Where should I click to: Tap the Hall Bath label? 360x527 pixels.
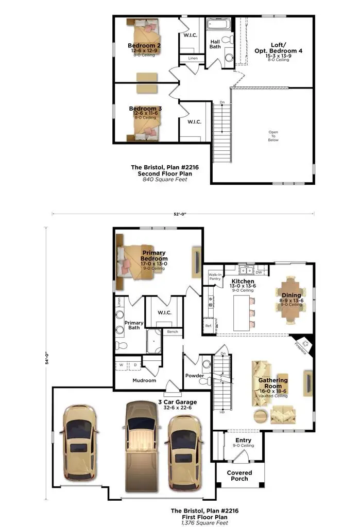tap(215, 44)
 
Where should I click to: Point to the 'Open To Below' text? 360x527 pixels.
tap(273, 136)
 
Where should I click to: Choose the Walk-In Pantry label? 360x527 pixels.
tap(215, 277)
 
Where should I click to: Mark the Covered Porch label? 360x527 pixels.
tap(239, 476)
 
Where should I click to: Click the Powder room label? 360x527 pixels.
tap(195, 376)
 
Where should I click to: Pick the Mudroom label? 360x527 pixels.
tap(144, 381)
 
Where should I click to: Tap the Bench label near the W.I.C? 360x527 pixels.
tap(172, 332)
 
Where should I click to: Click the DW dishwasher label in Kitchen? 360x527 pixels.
tap(259, 272)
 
